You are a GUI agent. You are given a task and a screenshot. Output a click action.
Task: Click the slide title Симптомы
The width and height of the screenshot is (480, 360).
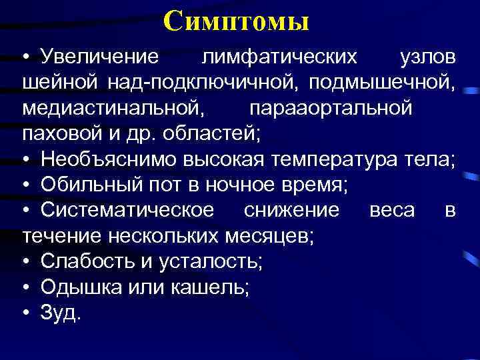[236, 21]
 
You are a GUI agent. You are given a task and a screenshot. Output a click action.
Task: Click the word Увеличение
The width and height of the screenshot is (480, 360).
[99, 57]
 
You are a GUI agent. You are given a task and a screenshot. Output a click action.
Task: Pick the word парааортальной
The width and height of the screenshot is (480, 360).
[331, 108]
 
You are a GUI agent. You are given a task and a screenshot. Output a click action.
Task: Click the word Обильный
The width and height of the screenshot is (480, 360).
[83, 185]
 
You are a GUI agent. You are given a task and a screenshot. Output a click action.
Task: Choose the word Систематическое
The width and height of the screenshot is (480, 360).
[127, 211]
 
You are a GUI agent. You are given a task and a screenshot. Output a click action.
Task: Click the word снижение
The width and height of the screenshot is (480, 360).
[292, 211]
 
